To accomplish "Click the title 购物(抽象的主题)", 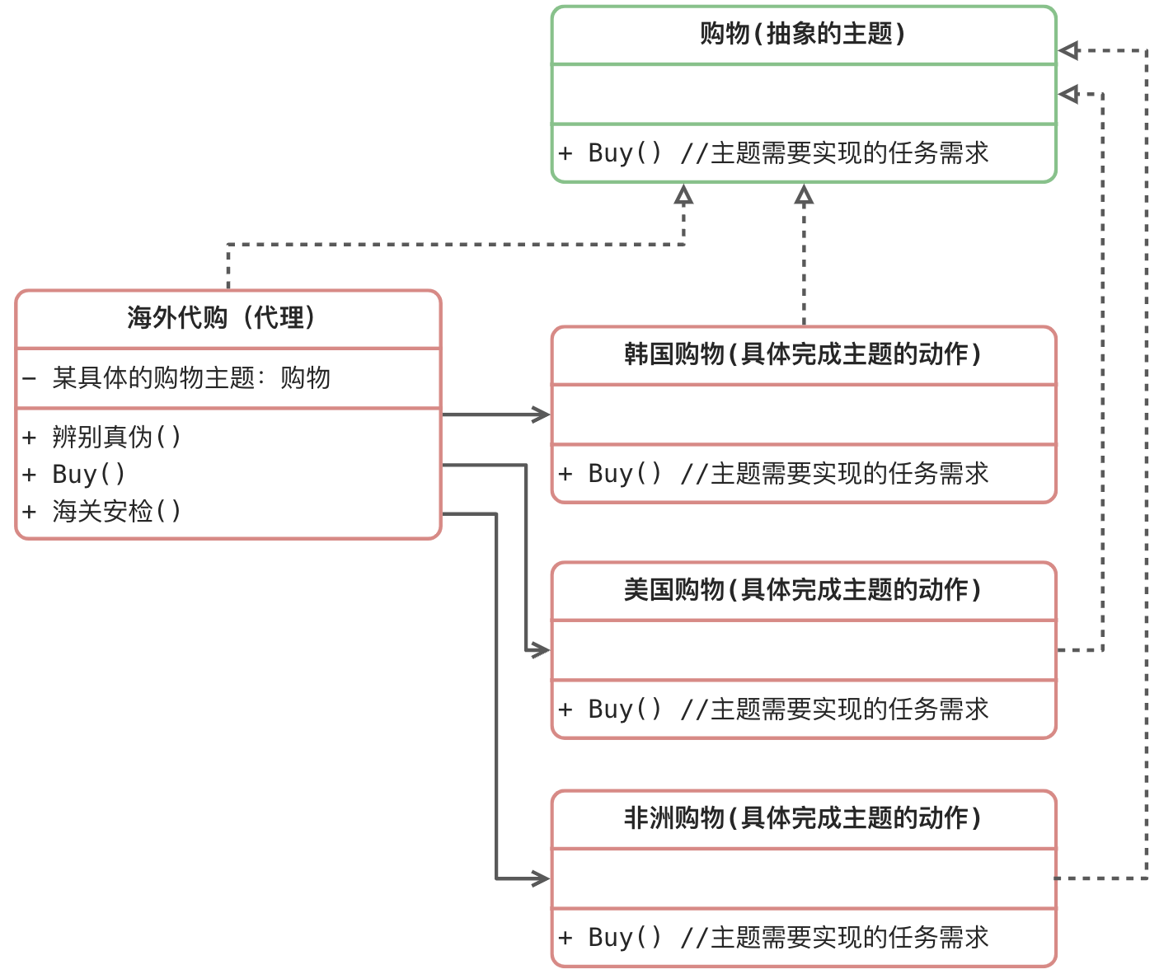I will (803, 35).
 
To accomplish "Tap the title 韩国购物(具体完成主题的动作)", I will (803, 355).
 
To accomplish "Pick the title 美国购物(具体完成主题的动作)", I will (803, 591).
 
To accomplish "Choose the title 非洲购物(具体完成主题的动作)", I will (803, 819).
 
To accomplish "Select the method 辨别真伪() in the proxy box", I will (115, 437).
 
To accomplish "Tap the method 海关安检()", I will (115, 512).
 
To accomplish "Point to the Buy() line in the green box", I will (773, 153).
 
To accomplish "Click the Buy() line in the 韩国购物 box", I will (773, 474).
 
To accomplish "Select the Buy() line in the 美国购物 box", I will (773, 709).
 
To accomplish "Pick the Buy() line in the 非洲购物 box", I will (773, 938).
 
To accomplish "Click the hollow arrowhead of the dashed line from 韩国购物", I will (804, 194).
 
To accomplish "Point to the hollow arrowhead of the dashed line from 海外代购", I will (683, 194).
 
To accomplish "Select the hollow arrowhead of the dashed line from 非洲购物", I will (1068, 51).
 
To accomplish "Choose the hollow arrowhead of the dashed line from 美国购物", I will (1068, 94).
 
